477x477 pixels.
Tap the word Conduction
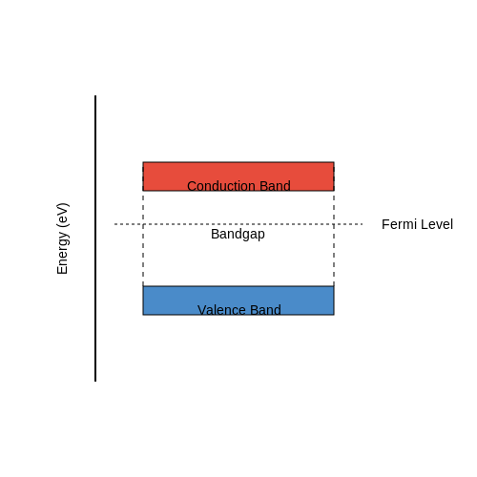pos(221,186)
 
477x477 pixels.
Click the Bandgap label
pos(238,235)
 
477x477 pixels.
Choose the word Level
pos(437,224)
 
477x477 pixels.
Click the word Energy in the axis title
pos(62,253)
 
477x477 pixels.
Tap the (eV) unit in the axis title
pos(62,216)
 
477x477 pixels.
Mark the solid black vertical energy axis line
pos(95,238)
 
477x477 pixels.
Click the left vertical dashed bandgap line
pos(143,238)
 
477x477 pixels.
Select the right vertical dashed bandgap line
pos(334,238)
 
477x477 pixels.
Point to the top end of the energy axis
pos(95,95)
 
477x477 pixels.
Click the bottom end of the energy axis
pos(95,382)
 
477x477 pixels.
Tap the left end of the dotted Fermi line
pos(114,224)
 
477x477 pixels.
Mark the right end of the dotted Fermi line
pos(363,224)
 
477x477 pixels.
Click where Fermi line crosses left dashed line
pos(143,224)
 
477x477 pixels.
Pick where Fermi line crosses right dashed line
pos(334,224)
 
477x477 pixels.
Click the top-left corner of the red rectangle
pos(143,162)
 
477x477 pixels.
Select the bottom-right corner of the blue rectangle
pos(334,315)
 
